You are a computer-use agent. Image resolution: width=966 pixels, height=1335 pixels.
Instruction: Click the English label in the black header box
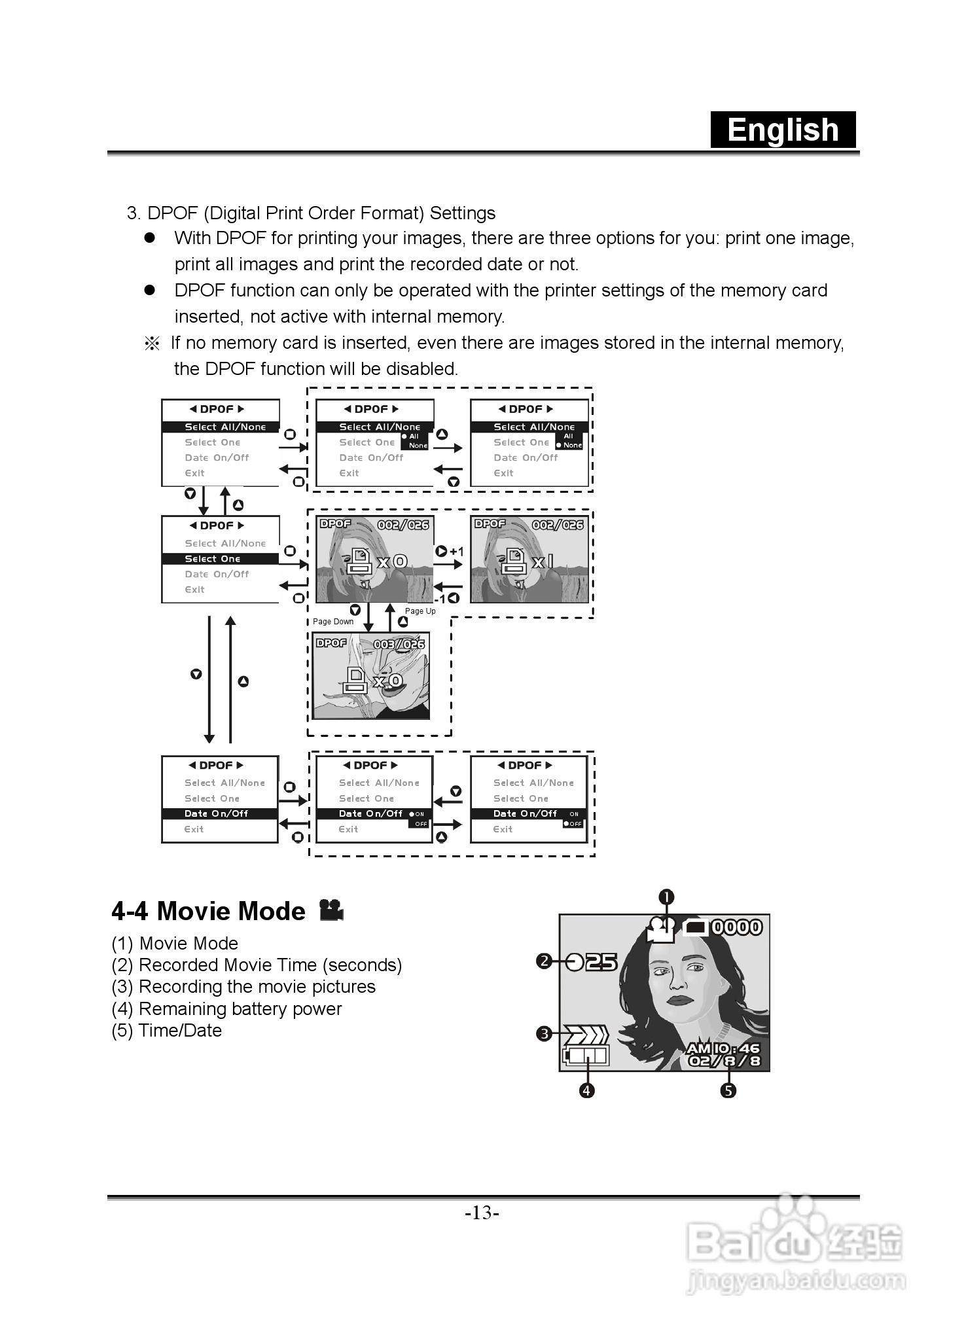pos(783,130)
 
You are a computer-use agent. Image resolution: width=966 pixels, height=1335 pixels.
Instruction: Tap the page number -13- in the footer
pos(482,1213)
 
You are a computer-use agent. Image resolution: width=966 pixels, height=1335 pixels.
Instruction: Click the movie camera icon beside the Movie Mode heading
pos(331,910)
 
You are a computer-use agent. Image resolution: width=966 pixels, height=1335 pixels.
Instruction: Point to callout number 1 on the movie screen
pos(666,897)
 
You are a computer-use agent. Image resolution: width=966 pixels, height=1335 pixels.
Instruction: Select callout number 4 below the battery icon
pos(587,1090)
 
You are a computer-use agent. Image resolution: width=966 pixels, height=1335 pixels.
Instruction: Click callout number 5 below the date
pos(728,1090)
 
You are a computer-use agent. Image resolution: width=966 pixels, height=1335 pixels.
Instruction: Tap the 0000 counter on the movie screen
pos(737,927)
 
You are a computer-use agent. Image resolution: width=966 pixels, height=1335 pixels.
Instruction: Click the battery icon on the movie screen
pos(585,1056)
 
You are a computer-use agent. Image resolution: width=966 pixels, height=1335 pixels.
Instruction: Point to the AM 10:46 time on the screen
pos(723,1048)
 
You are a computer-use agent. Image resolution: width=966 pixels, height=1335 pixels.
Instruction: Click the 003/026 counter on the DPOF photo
pos(399,645)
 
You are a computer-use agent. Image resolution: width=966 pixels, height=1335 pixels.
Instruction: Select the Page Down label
pos(333,622)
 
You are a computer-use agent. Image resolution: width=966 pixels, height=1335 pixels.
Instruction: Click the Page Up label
pos(420,611)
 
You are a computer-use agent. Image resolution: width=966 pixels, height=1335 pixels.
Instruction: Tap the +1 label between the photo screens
pos(456,552)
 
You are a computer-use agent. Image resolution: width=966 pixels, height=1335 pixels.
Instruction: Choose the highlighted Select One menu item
pos(213,559)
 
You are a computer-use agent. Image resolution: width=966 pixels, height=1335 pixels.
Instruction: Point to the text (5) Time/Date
pos(167,1031)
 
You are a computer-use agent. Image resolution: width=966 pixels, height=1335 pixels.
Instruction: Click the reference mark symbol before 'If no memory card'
pos(152,344)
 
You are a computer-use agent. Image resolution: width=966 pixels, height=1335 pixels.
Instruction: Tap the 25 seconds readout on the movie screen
pos(601,962)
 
